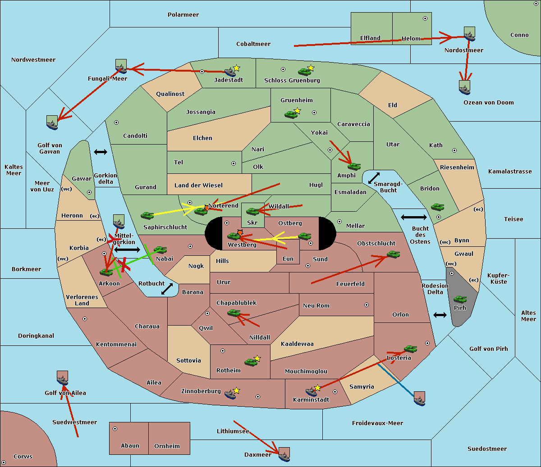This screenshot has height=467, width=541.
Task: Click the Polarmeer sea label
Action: click(183, 15)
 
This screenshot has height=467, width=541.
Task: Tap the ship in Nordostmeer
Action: click(469, 34)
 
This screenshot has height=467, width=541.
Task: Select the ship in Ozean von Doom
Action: click(464, 87)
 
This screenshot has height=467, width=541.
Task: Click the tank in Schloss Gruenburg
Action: click(305, 72)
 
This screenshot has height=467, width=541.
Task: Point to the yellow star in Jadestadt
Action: click(237, 68)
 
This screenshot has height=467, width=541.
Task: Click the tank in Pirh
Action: click(460, 299)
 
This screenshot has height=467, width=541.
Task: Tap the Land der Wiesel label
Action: click(198, 185)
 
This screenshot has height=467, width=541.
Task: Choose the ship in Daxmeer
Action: click(284, 454)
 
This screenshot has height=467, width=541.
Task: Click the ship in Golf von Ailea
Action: click(63, 378)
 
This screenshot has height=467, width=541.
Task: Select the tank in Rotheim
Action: click(251, 362)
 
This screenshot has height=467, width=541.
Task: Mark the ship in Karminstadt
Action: click(311, 391)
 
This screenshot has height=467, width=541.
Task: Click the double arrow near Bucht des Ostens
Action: click(413, 218)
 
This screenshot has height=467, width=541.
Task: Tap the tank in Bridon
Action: click(437, 207)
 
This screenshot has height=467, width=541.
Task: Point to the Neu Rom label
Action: click(316, 305)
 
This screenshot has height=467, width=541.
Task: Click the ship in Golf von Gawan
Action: click(52, 122)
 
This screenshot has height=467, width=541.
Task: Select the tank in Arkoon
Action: click(106, 272)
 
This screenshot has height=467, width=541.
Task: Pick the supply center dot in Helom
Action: click(425, 18)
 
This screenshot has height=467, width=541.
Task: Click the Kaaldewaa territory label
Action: click(297, 344)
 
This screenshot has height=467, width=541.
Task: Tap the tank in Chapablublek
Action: click(234, 313)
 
